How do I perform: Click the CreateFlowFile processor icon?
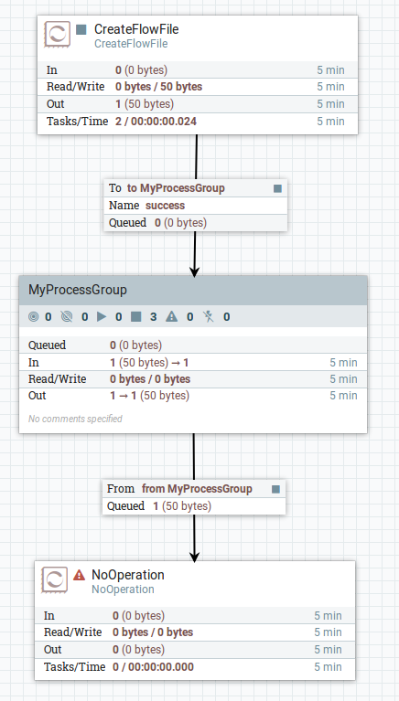coord(58,35)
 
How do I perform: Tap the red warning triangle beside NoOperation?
coord(80,575)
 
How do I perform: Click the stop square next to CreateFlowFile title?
coord(81,30)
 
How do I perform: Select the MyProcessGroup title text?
coord(78,290)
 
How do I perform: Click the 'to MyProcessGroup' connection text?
coord(176,188)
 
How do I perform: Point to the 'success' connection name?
coord(166,206)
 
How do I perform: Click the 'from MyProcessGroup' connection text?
coord(197,489)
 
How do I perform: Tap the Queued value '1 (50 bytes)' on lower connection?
coord(182,506)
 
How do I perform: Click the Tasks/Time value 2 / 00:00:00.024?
coord(156,122)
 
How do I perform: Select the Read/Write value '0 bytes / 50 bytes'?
coord(159,87)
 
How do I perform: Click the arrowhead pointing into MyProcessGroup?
coord(194,271)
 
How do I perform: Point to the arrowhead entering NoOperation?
coord(194,556)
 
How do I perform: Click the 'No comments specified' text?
coord(75,419)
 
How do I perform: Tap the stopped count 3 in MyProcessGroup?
coord(153,317)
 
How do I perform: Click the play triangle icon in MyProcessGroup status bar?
coord(102,317)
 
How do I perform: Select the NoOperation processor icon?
coord(55,579)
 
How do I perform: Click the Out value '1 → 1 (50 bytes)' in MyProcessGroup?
coord(149,396)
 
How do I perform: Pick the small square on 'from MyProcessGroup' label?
coord(275,489)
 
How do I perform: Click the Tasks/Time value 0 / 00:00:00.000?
coord(153,667)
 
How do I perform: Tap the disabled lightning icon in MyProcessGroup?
coord(209,317)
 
